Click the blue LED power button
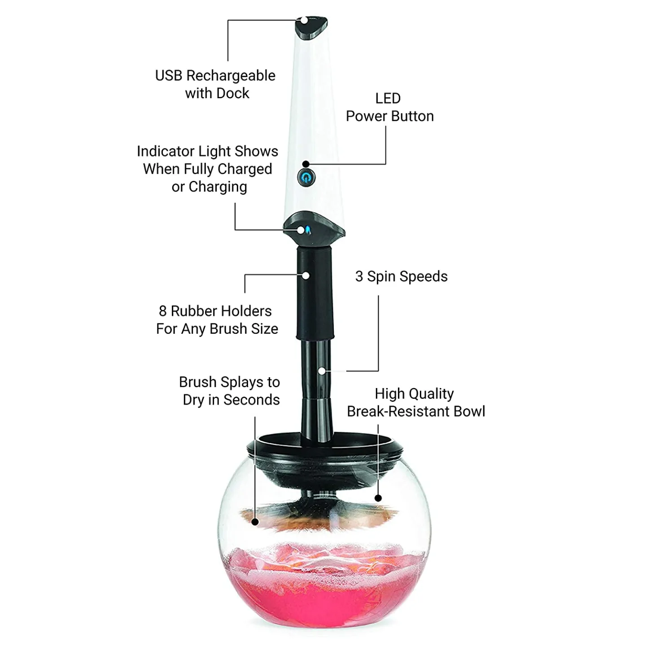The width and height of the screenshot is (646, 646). click(306, 177)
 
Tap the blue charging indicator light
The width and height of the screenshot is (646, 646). click(308, 231)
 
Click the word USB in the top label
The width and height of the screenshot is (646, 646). click(169, 75)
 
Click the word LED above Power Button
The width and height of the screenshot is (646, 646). click(388, 98)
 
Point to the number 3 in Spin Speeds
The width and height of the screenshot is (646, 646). click(359, 276)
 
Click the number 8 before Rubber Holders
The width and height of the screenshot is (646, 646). click(162, 311)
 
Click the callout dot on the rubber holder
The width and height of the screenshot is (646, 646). click(306, 275)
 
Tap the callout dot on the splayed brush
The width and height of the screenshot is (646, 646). click(255, 522)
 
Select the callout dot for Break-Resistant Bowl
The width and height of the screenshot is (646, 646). click(378, 498)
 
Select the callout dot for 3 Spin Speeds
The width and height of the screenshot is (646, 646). click(322, 371)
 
